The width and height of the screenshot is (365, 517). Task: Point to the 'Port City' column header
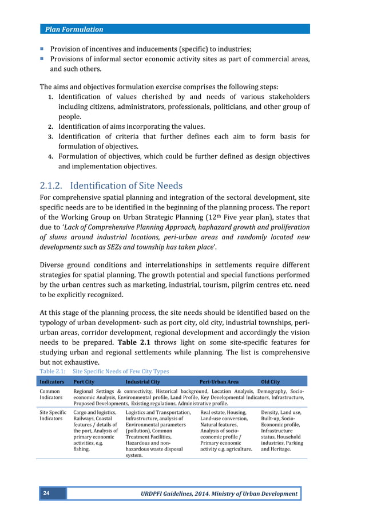(84, 381)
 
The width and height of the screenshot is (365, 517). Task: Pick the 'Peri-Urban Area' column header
(219, 381)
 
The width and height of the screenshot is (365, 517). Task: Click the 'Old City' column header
(271, 381)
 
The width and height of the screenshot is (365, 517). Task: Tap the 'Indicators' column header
(51, 381)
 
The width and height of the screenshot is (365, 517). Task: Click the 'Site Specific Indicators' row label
(53, 416)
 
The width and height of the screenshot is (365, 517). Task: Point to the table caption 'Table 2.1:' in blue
(53, 371)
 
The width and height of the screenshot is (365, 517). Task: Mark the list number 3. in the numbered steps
(50, 137)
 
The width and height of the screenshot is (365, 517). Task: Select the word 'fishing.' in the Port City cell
(83, 449)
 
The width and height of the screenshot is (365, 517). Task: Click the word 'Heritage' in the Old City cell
(281, 449)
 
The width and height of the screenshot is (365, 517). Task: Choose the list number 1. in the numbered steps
(50, 97)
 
